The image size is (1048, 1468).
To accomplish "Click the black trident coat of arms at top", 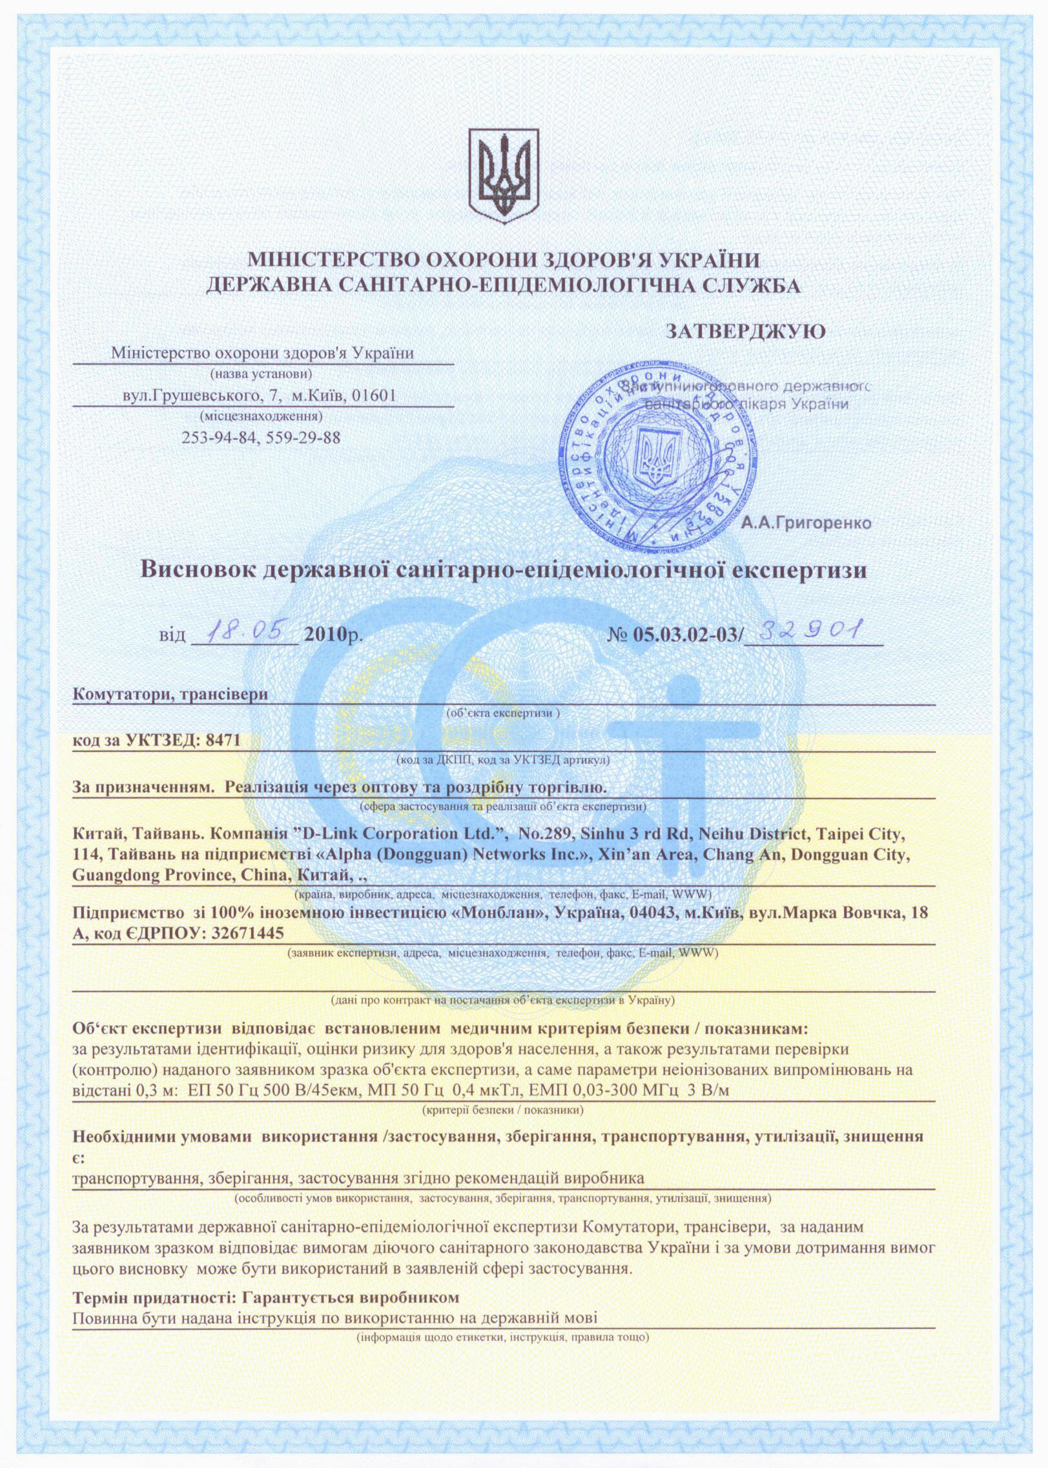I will [503, 175].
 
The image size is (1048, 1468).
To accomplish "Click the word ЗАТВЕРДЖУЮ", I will [746, 332].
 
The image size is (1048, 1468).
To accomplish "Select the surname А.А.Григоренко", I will [807, 524].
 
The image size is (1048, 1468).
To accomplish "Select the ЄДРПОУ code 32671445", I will [247, 933].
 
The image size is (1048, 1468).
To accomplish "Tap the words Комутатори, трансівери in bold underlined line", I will [170, 695].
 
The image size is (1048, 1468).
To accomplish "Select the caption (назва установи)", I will [262, 373].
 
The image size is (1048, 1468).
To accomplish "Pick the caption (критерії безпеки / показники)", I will [503, 1110].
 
